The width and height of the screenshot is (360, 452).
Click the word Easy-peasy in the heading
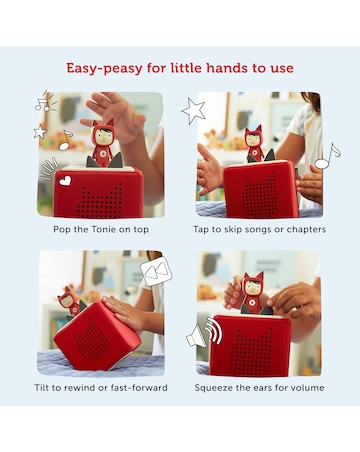coord(105,68)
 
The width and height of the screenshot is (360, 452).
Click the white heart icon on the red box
coord(65,181)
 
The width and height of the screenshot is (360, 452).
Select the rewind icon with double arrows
coord(156,271)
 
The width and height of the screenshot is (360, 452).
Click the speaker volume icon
coord(204,333)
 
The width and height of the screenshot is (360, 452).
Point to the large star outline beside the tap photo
coord(194,111)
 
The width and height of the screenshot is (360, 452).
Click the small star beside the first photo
coord(40,132)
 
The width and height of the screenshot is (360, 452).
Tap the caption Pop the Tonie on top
coord(101,230)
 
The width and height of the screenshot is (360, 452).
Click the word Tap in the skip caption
coord(201,230)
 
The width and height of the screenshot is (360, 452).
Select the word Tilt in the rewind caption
coord(41,388)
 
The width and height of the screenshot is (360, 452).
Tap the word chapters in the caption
coord(306,230)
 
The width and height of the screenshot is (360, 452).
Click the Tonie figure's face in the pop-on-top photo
coord(103,134)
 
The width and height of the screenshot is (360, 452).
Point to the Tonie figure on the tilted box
coord(70,301)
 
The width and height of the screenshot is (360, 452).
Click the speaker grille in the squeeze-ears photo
coord(253,353)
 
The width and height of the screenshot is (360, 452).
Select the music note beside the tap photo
coord(327,157)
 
